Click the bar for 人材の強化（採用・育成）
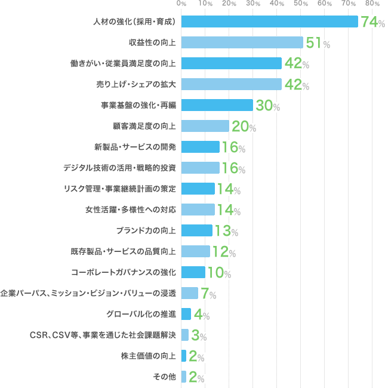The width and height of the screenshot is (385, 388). click(x=269, y=22)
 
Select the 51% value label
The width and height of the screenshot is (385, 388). click(x=318, y=43)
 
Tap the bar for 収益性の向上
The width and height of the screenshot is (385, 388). click(x=242, y=42)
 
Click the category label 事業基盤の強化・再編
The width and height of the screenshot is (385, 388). click(x=138, y=106)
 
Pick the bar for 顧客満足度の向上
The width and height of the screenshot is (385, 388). click(x=205, y=127)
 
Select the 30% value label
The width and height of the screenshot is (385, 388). click(x=267, y=106)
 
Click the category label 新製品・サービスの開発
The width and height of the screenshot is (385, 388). click(x=135, y=147)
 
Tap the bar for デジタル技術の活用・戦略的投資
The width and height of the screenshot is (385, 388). click(x=200, y=168)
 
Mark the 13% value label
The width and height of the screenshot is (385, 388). click(x=226, y=231)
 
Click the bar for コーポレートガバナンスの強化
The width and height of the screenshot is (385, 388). click(x=193, y=272)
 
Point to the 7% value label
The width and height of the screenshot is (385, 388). click(x=208, y=294)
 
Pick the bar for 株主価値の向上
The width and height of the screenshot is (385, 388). click(x=183, y=356)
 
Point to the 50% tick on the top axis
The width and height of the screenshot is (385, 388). click(x=300, y=4)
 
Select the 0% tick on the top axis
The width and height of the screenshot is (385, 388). click(x=181, y=4)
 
